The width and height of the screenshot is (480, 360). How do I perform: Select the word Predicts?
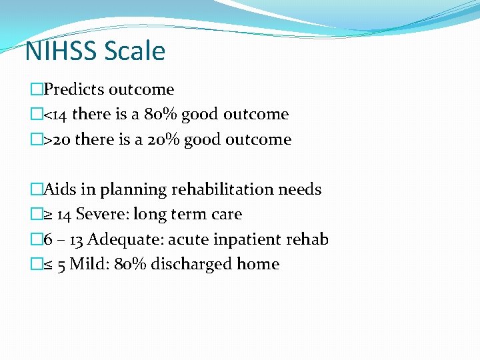[74, 89]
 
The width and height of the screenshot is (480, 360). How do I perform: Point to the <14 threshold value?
[55, 115]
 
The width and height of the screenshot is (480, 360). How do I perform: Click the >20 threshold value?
[57, 139]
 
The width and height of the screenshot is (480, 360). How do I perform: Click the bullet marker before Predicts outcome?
[36, 90]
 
